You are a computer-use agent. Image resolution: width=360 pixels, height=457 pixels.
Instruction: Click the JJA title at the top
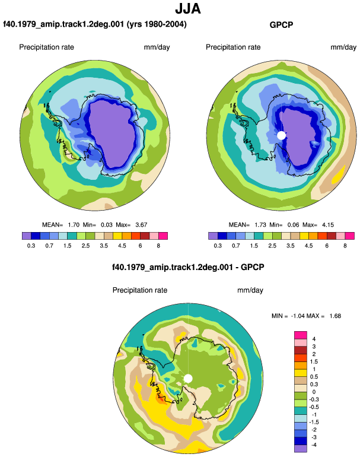(188, 8)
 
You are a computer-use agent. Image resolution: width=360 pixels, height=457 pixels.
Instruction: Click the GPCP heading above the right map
(281, 25)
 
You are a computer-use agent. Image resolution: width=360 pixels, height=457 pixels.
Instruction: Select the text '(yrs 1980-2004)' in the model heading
(157, 24)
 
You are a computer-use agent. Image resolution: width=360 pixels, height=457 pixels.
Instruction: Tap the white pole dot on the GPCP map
(281, 135)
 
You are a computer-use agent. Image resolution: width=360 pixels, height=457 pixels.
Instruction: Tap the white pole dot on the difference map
(188, 379)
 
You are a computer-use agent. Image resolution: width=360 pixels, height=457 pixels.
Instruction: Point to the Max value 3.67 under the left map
(141, 225)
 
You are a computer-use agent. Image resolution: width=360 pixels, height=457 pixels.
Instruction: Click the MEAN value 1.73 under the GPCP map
(260, 225)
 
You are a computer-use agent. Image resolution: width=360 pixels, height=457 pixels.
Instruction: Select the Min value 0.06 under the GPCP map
(293, 225)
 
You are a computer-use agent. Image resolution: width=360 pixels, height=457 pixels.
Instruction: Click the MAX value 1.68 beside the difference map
(335, 316)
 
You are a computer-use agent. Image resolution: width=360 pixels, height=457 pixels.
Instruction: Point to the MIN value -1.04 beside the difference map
(298, 316)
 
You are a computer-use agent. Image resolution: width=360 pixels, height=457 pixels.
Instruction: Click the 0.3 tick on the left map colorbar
(31, 246)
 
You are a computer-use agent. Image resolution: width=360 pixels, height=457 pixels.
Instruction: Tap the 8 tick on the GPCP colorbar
(345, 246)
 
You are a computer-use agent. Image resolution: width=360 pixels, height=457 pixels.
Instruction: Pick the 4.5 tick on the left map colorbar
(122, 246)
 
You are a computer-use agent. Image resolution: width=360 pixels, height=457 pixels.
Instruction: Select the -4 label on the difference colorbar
(314, 445)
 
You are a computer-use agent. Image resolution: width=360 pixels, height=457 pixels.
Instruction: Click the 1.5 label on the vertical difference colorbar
(314, 361)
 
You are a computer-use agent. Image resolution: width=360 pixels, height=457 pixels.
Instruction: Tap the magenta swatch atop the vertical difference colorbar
(301, 335)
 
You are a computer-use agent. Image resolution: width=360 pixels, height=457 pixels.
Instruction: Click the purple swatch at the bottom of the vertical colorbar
(301, 449)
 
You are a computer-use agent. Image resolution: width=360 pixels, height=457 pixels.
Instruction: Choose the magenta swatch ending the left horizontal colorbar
(163, 236)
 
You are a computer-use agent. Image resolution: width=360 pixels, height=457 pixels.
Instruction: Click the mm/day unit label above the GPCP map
(343, 47)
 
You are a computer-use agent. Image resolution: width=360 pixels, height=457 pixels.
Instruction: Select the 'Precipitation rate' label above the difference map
(140, 290)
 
